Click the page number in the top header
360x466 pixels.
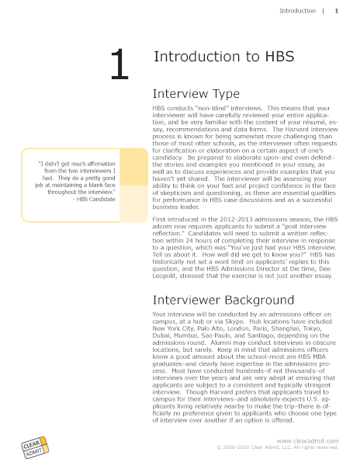pos(336,12)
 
